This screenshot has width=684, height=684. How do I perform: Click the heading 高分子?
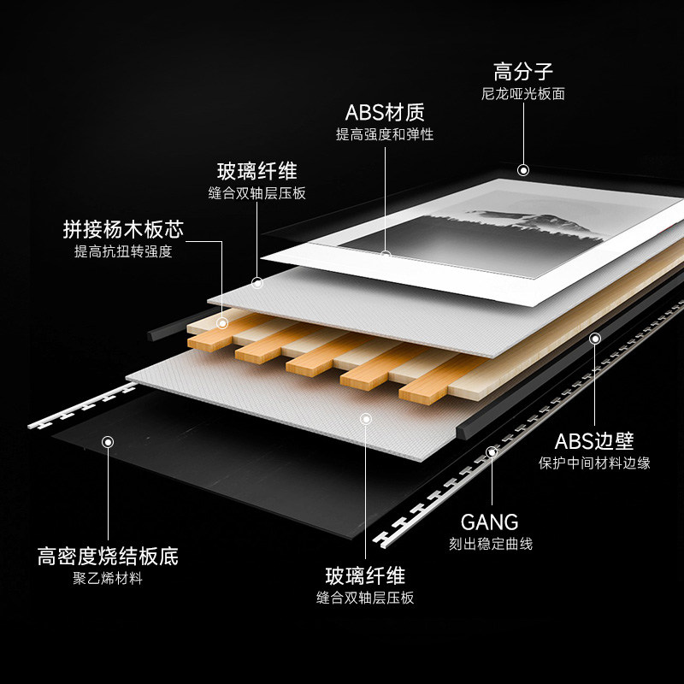point(523,69)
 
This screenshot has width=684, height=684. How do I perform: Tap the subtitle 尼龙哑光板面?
point(523,93)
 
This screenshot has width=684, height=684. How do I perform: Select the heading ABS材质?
point(385,112)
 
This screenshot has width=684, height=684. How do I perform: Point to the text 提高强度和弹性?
point(385,135)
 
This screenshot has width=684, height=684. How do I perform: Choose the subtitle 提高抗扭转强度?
point(123,252)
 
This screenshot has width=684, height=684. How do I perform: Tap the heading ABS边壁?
point(594,441)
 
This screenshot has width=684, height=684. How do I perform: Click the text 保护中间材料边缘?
point(594,463)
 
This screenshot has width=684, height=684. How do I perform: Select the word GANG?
point(490,522)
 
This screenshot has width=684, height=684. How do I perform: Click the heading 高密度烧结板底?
point(108,557)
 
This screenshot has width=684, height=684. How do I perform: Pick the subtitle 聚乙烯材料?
point(108,579)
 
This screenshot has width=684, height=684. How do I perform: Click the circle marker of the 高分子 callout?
point(523,170)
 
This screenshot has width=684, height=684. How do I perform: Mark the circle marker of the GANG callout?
point(491,451)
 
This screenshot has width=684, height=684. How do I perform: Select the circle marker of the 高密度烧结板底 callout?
point(108,442)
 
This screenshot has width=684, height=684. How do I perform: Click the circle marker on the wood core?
point(223,323)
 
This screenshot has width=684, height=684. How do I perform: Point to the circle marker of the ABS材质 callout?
point(386,255)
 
